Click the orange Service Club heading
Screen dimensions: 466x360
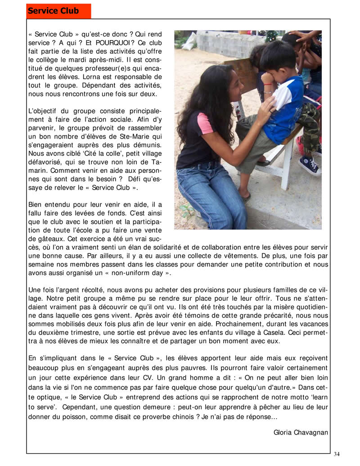tap(53, 11)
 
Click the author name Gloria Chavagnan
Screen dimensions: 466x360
tap(301, 433)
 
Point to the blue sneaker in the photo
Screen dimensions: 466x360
tap(310, 164)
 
